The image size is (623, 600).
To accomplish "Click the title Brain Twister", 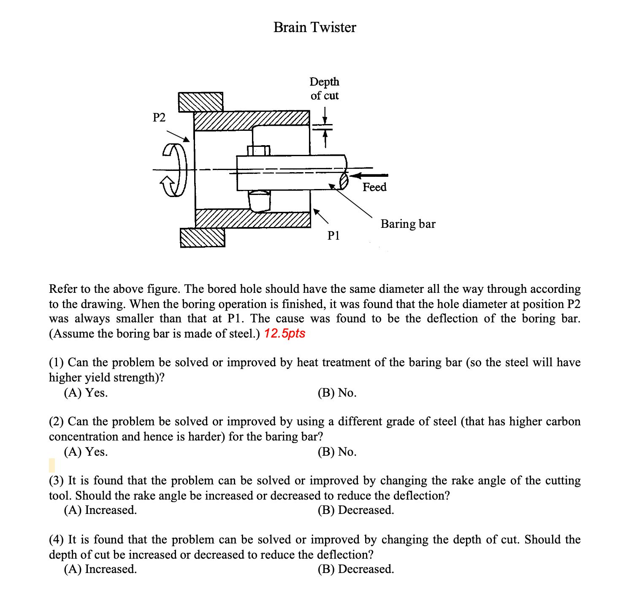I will tap(314, 27).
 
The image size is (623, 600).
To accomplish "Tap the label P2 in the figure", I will tap(159, 117).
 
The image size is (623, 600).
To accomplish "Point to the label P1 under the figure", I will tap(333, 235).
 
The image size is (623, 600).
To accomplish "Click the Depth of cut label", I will tap(324, 89).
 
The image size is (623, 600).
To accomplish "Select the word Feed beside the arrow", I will tap(374, 187).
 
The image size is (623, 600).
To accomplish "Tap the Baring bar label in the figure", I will tap(408, 224).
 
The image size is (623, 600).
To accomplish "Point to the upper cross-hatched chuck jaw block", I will tap(200, 102).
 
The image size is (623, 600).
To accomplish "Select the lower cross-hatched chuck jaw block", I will tap(202, 237).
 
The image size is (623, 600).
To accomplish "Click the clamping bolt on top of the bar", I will tap(258, 150).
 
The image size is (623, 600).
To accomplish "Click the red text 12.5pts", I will tap(284, 333).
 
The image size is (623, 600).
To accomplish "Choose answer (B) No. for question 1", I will tap(337, 393).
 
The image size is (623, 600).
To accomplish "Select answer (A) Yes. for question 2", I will tap(86, 452).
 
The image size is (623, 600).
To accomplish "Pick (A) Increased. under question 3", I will tap(100, 510).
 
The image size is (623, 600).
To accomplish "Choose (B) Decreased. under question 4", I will tap(355, 569).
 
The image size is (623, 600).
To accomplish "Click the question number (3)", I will tap(57, 481).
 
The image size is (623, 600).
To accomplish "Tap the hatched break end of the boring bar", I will tap(344, 181).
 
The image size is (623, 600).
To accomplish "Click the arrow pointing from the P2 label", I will tap(178, 136).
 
